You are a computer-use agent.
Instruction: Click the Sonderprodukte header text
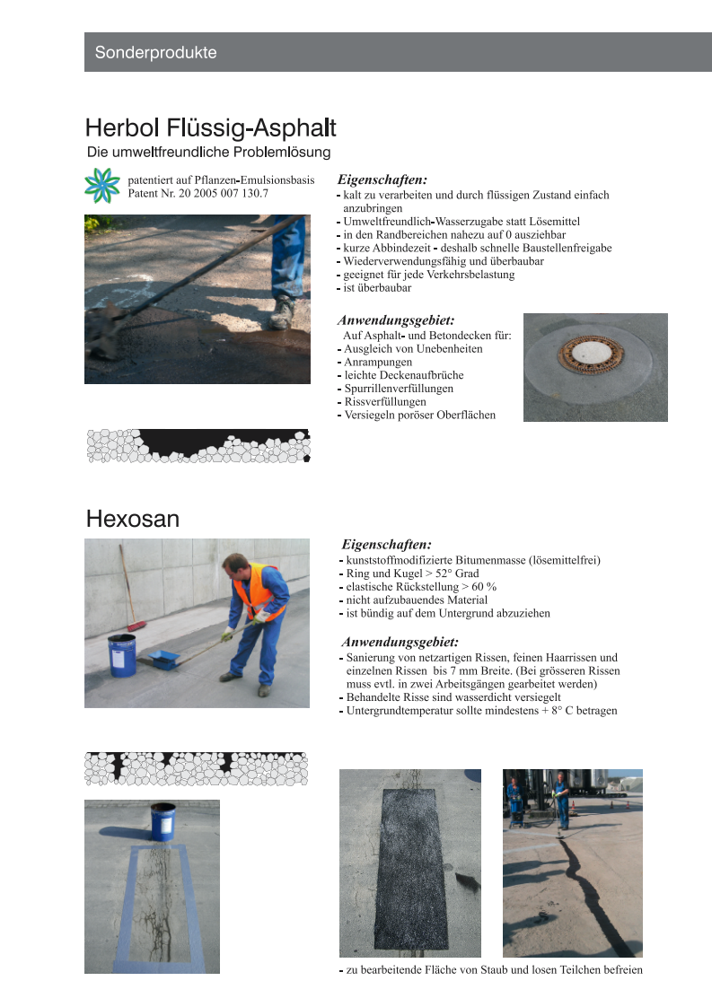click(x=156, y=52)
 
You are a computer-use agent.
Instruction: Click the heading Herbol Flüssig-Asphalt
click(x=211, y=127)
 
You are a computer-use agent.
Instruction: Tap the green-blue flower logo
click(x=101, y=185)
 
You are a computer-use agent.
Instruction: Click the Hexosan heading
click(x=133, y=519)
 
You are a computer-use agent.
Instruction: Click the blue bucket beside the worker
click(x=121, y=654)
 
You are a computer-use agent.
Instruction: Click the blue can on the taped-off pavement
click(x=163, y=820)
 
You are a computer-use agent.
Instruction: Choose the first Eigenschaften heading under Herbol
click(x=382, y=180)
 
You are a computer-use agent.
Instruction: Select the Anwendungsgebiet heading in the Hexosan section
click(x=400, y=642)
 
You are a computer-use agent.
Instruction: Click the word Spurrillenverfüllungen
click(x=399, y=389)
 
